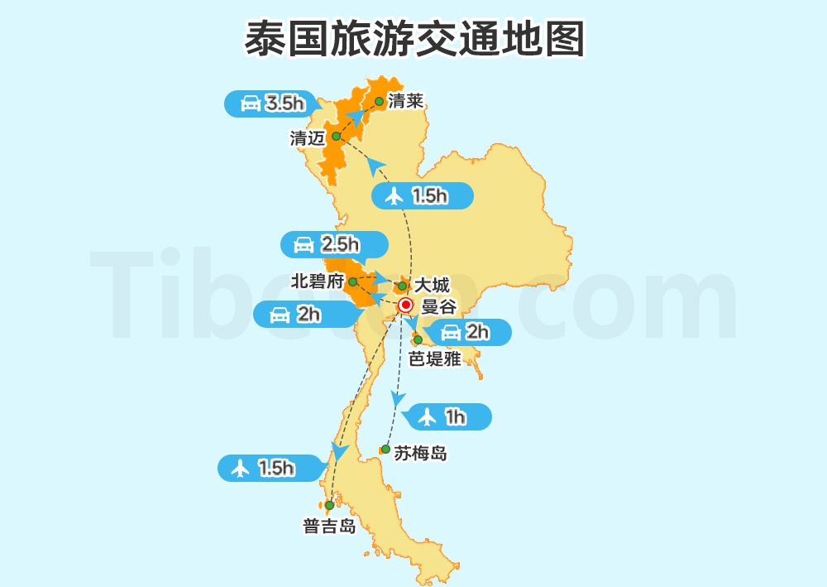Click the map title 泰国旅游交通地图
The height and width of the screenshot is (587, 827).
point(413,39)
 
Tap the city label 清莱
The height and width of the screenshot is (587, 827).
point(405,102)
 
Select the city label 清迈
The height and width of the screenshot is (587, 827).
point(308,138)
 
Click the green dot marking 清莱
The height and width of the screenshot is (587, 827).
point(379,102)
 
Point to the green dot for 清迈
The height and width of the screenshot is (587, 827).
point(336,137)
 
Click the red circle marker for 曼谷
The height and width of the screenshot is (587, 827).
point(405,306)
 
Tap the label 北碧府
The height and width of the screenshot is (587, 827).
point(317,281)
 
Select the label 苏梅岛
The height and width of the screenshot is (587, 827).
point(420,453)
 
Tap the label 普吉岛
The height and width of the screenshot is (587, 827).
point(329,527)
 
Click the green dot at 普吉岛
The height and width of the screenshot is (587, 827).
point(329,505)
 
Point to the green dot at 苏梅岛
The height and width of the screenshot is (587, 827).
point(385,450)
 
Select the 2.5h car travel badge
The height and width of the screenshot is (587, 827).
point(334,244)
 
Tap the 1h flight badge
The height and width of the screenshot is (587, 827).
point(445,416)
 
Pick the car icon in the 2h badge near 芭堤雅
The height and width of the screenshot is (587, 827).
point(451,333)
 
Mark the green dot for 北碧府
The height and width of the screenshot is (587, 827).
point(353,282)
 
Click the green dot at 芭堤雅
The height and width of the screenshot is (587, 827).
point(418,340)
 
